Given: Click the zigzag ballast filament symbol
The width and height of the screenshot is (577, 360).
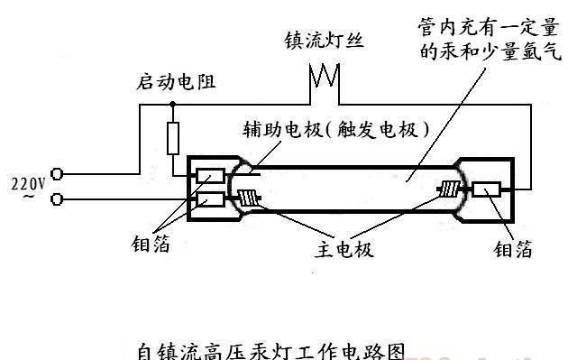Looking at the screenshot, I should [322, 78].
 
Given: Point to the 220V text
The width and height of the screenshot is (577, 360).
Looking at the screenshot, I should [27, 183].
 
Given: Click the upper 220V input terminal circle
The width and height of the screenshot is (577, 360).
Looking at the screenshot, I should [57, 172].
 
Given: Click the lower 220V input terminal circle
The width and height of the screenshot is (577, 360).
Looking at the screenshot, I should [57, 198].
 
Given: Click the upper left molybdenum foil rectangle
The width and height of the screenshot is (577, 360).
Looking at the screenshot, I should [211, 177].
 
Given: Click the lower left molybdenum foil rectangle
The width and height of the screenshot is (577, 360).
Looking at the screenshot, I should [211, 198].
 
